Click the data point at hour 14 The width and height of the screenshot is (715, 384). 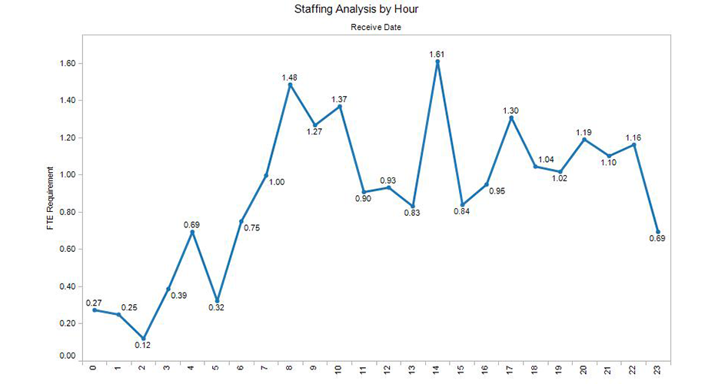click(437, 61)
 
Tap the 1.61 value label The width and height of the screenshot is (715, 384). click(437, 54)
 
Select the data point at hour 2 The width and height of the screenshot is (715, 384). click(144, 338)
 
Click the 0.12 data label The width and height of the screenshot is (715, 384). click(143, 346)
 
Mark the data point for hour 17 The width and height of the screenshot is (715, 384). click(511, 118)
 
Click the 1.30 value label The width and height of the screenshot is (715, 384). click(511, 111)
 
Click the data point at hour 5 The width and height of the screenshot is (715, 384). click(218, 300)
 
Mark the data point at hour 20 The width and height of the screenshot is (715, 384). click(584, 139)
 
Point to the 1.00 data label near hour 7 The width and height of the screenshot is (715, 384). click(277, 182)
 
